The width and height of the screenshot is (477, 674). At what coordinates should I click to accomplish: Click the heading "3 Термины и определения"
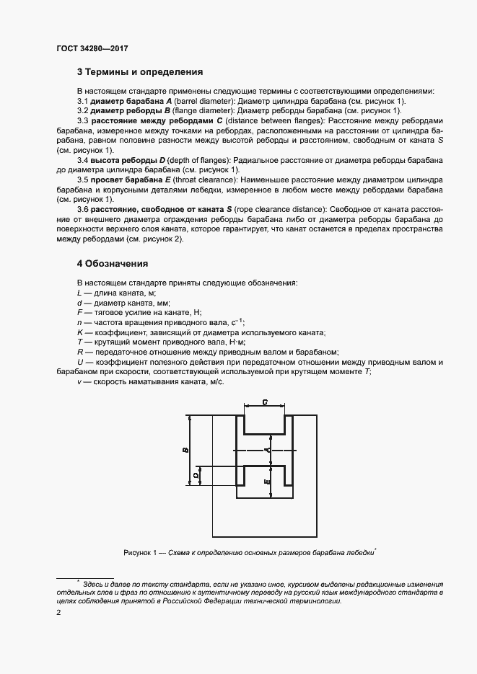[139, 72]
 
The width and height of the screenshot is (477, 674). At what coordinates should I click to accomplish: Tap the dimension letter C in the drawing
[266, 402]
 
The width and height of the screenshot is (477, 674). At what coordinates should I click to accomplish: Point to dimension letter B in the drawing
[185, 451]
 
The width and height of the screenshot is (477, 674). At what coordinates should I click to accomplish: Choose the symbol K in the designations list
[79, 332]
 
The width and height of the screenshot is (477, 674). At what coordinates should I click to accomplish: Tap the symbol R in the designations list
[79, 352]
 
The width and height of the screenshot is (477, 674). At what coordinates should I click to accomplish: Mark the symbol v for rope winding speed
[79, 381]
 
